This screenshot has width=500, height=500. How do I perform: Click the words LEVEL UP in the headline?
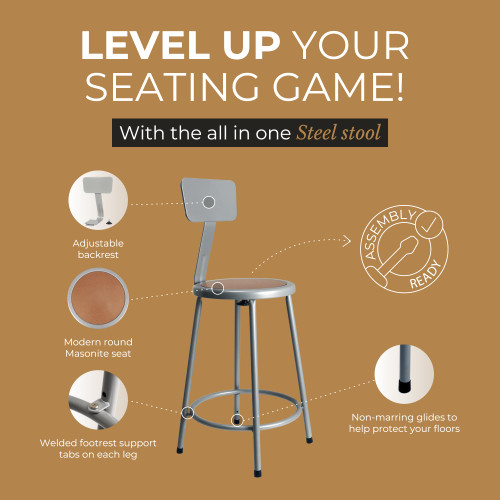coord(165,47)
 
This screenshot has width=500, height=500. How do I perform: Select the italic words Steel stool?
coord(339,134)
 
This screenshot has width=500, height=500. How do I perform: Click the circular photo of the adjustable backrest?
coord(98,201)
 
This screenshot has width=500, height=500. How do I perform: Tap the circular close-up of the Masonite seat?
coord(98,302)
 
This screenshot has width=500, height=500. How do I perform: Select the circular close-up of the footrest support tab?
coord(98,401)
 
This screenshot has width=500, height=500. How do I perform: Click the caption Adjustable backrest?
coord(98,250)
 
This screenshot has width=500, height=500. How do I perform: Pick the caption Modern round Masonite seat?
coord(98,348)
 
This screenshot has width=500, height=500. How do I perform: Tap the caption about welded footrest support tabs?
coord(98,448)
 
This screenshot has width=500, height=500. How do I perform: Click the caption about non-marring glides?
coord(405,424)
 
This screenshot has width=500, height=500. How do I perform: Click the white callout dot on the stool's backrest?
coord(209,202)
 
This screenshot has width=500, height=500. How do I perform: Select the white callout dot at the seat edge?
coord(219,288)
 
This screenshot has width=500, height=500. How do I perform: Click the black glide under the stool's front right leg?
coord(304,437)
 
